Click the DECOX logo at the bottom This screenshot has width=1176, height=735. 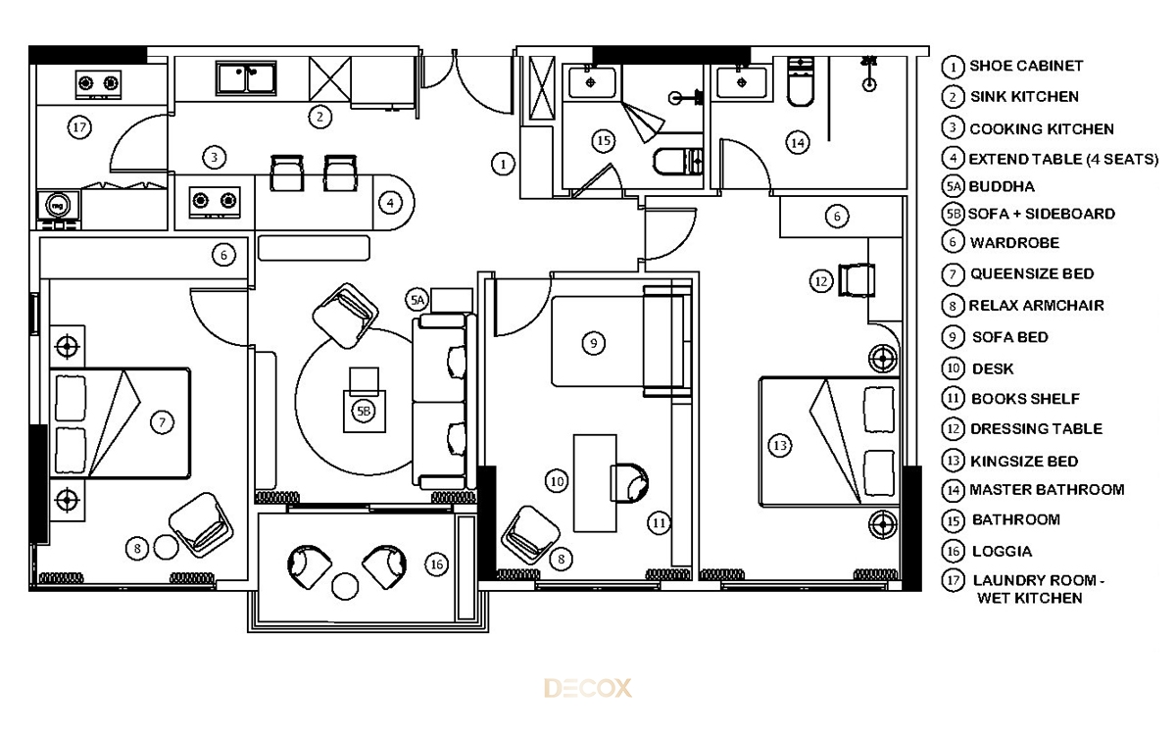(587, 688)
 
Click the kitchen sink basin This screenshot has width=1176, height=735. (246, 78)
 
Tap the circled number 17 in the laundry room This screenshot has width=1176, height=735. (79, 127)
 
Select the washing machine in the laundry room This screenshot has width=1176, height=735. (58, 205)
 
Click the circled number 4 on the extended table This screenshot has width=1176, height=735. (390, 203)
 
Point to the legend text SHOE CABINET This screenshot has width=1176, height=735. (1026, 67)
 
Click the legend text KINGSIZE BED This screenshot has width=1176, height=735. (1024, 462)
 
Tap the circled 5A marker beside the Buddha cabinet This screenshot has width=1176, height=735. (416, 300)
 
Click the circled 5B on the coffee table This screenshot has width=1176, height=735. (364, 411)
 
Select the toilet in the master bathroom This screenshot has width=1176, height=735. (800, 81)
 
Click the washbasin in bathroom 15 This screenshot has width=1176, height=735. (591, 82)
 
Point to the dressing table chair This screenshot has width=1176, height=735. (857, 280)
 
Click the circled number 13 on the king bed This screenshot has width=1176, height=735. (780, 446)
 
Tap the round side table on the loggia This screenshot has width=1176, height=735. (345, 586)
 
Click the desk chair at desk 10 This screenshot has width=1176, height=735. (629, 482)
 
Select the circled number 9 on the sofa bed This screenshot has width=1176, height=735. (593, 343)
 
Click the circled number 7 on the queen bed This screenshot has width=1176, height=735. (162, 422)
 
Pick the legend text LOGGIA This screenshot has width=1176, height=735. (1002, 551)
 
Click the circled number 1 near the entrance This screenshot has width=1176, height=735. (503, 165)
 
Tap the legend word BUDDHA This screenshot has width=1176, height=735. (1002, 187)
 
